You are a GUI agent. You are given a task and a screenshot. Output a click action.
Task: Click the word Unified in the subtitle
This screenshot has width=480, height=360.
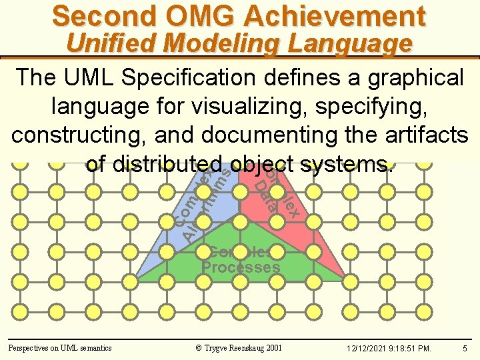tap(111, 43)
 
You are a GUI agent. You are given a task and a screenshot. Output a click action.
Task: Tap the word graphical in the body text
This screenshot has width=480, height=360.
tap(408, 78)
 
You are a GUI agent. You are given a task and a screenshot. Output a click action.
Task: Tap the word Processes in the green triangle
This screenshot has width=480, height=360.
tap(241, 268)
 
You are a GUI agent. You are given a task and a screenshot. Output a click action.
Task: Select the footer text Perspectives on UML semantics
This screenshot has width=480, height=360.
tap(60, 347)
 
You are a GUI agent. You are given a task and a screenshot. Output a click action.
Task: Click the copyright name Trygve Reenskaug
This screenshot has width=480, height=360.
tap(238, 347)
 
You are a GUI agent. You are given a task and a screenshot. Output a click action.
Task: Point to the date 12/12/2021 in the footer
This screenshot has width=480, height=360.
tap(367, 348)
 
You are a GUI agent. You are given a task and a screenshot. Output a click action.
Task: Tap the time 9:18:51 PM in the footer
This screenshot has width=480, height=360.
tap(413, 348)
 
